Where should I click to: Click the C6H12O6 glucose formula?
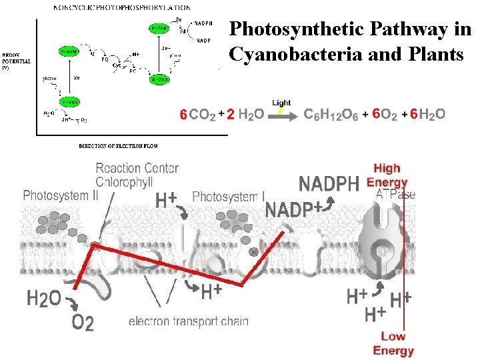point(331,115)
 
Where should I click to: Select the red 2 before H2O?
point(229,115)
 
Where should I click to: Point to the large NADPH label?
point(329,183)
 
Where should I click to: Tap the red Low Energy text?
point(393,344)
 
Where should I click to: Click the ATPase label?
point(395,195)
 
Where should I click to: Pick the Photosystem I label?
point(228,196)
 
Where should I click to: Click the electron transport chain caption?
point(189,321)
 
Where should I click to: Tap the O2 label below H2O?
point(83,323)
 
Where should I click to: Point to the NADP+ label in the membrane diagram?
point(293,209)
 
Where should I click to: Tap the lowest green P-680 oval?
point(69,101)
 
